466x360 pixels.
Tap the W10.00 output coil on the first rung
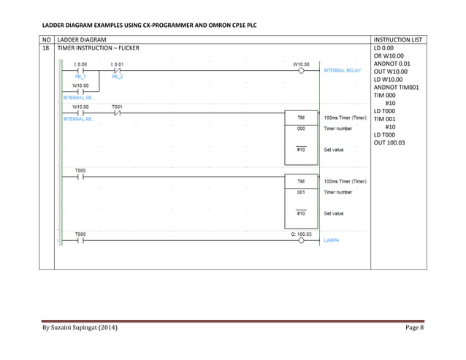pos(300,71)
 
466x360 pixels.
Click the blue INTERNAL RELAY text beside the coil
pos(343,71)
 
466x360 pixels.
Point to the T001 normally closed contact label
pos(118,106)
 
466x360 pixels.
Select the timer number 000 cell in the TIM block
pos(300,129)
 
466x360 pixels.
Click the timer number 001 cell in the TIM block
pos(300,192)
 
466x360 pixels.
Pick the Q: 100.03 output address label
pos(300,234)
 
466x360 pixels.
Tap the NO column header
pos(47,38)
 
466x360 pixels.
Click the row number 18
pos(47,47)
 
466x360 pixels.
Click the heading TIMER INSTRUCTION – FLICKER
pos(98,47)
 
